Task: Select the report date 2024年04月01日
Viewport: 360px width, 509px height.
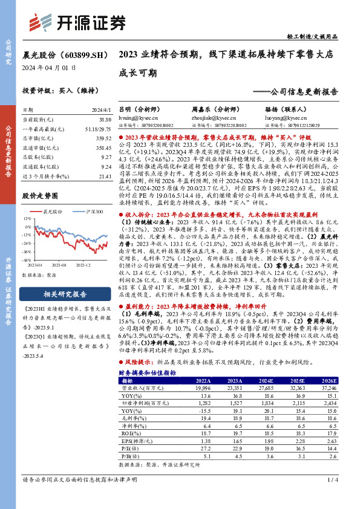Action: point(49,67)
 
